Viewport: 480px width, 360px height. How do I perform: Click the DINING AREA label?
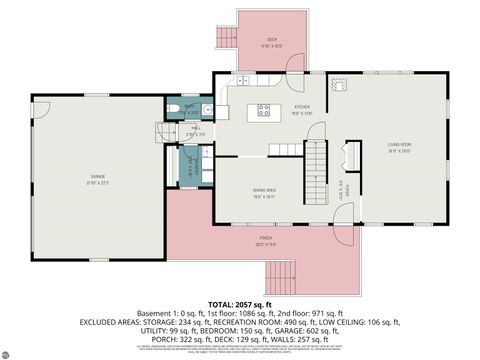(264, 192)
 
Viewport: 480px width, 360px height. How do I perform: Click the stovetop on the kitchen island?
(266, 110)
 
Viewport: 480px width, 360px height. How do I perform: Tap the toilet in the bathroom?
(172, 110)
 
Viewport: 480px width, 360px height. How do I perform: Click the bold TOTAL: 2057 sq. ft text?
(240, 303)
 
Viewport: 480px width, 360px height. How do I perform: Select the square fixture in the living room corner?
(340, 85)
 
